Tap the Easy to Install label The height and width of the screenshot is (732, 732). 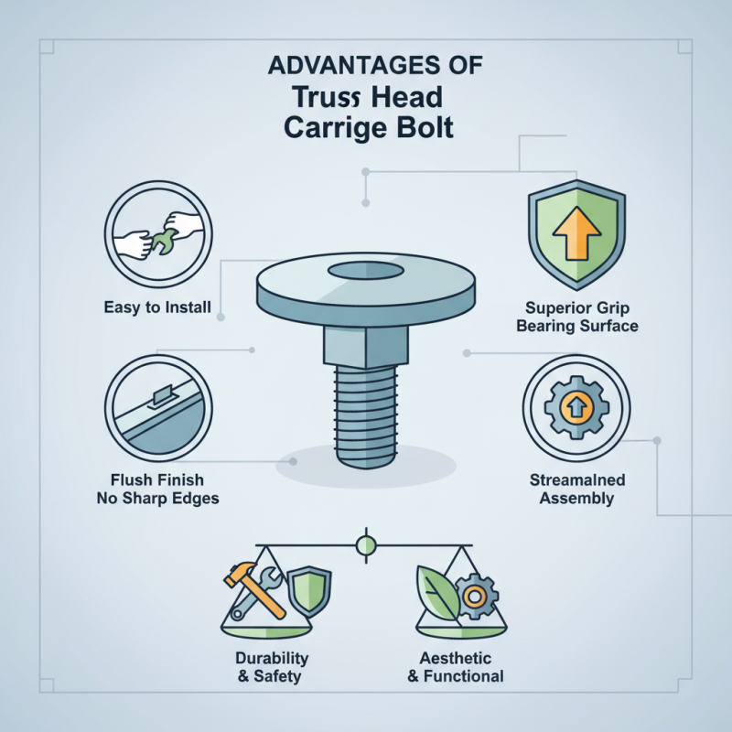point(157,307)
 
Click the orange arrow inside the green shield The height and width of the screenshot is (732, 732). point(576,234)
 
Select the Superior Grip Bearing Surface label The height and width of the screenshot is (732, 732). point(577,317)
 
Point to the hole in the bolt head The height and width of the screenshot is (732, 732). point(361,270)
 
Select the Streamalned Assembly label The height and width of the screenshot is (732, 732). point(576,489)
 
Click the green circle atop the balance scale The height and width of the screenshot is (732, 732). point(365,546)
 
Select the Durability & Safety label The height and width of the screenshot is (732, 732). point(272,667)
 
